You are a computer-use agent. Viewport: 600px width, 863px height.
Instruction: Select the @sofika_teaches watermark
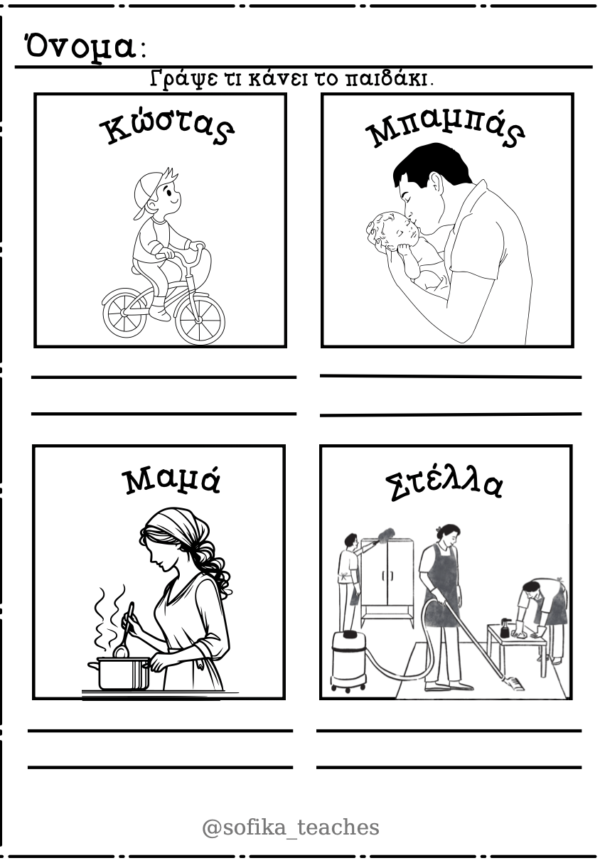(x=291, y=827)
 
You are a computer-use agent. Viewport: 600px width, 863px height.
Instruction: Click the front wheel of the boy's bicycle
(x=200, y=320)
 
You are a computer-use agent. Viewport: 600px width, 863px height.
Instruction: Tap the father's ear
(x=436, y=182)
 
